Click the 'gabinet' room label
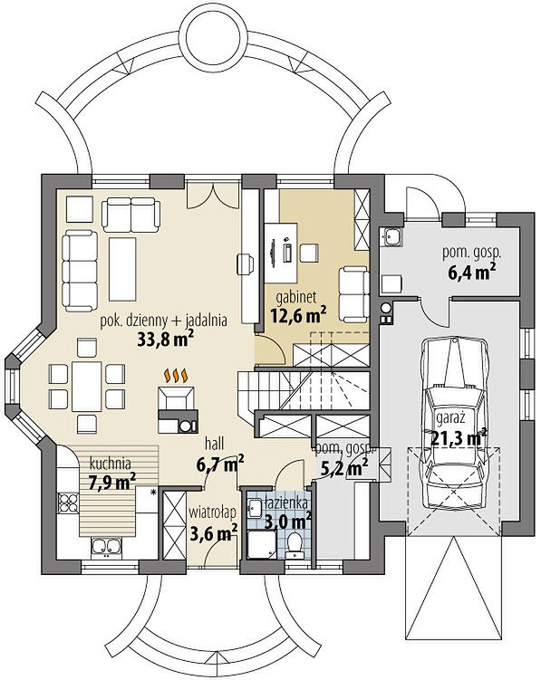coord(296,298)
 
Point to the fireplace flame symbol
coord(176,376)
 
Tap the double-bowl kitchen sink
coord(106,547)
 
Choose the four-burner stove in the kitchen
coord(68,503)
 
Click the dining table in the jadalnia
coord(87,387)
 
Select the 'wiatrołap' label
coord(212,512)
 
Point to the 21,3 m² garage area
coord(459,437)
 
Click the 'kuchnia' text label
coord(110,464)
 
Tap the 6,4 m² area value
coord(471,273)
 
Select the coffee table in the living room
coord(122,269)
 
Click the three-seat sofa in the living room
coord(80,271)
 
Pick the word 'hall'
coord(215,444)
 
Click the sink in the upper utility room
coord(391,237)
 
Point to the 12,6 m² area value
coord(299,315)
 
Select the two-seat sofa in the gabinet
coord(353,294)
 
